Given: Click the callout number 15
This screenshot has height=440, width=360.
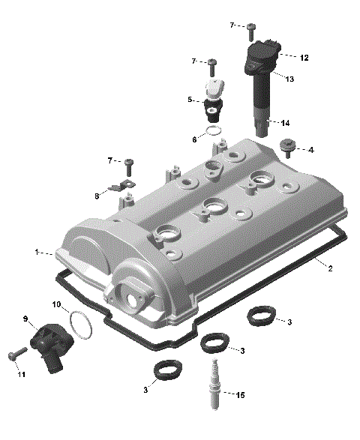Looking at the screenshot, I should click(241, 395).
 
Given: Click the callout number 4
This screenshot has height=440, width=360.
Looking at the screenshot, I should click(310, 149).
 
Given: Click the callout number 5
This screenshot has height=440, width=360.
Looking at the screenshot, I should click(190, 100).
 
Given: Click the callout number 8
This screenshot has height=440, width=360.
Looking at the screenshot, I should click(97, 196).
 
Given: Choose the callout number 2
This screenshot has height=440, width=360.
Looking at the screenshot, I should click(330, 268).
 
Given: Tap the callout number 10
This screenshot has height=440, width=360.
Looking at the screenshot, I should click(57, 304).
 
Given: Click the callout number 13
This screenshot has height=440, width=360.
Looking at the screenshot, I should click(289, 79).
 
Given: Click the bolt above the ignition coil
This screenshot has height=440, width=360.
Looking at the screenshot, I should click(250, 30).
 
